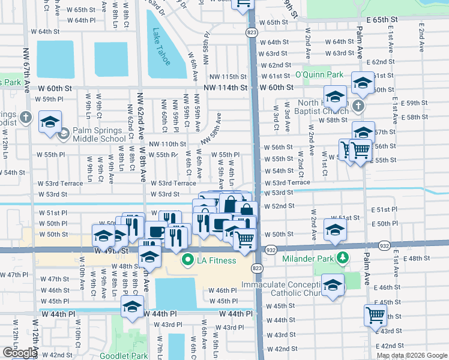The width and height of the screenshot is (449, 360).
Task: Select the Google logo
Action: [x=20, y=353]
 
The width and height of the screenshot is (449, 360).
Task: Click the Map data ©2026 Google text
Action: [x=411, y=355]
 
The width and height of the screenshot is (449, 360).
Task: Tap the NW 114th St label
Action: [x=225, y=88]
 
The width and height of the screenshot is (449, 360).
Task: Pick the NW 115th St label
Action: [x=228, y=77]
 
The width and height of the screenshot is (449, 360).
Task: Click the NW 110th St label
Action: [x=168, y=144]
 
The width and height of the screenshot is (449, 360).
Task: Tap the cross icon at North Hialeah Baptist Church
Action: [x=358, y=106]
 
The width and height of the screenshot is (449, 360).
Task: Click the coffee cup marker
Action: [x=156, y=230]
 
